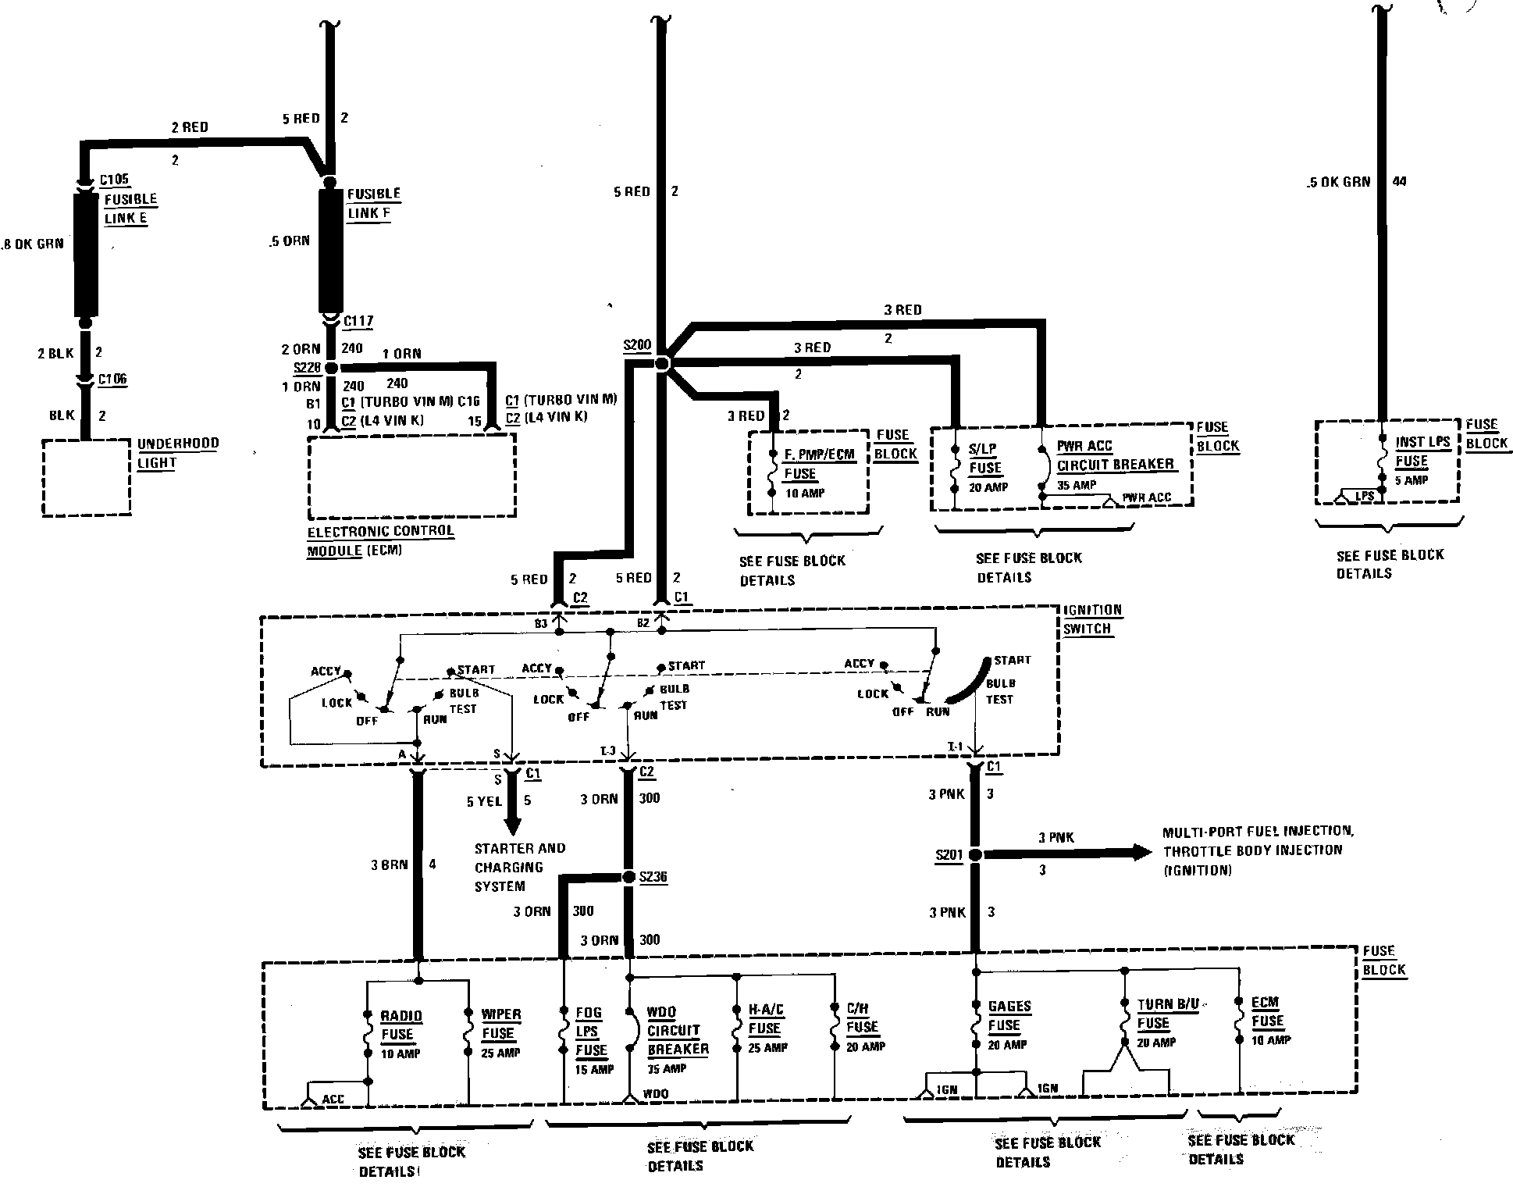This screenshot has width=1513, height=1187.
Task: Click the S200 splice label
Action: pyautogui.click(x=637, y=344)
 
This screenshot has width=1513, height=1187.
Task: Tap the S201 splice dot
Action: pyautogui.click(x=975, y=855)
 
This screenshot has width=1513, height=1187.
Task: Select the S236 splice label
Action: pyautogui.click(x=653, y=877)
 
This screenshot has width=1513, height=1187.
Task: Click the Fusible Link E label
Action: pyautogui.click(x=130, y=209)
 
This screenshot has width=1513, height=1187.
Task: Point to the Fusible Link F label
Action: pyautogui.click(x=373, y=203)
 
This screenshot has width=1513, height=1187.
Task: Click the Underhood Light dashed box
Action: pyautogui.click(x=86, y=477)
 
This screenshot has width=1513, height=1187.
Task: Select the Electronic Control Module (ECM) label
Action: pyautogui.click(x=379, y=540)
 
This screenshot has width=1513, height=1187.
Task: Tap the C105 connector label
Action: pyautogui.click(x=114, y=180)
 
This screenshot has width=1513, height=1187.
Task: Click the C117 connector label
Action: pyautogui.click(x=358, y=321)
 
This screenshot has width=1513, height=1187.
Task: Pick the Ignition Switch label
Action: pyautogui.click(x=1092, y=619)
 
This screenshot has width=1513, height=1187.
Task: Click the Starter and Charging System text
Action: pyautogui.click(x=519, y=867)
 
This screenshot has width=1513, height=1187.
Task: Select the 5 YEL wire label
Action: pyautogui.click(x=484, y=801)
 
